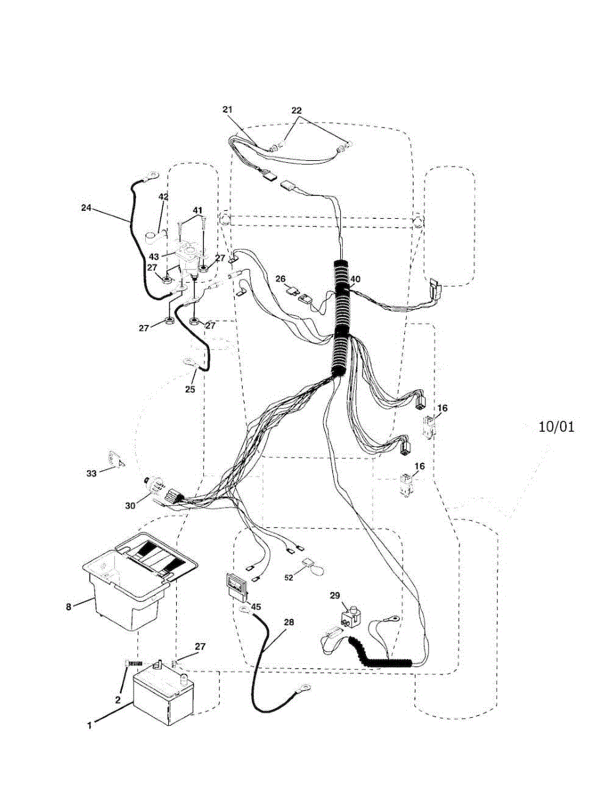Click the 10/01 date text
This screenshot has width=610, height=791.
tap(556, 426)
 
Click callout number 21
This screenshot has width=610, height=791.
tap(228, 109)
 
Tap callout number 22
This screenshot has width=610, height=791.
tap(296, 110)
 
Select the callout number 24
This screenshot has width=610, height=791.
tap(86, 207)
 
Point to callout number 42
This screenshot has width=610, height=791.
tap(163, 196)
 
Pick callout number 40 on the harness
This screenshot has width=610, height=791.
tap(355, 279)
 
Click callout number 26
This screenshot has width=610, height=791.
tap(280, 278)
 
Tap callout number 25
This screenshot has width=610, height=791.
tap(190, 390)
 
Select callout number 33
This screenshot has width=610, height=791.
tap(92, 473)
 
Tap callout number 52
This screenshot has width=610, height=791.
tap(288, 577)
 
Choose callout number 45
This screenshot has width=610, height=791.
tap(256, 606)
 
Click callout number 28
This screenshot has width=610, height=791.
tap(289, 622)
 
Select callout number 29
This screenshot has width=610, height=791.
tap(335, 595)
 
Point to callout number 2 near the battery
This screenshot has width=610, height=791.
tap(118, 700)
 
